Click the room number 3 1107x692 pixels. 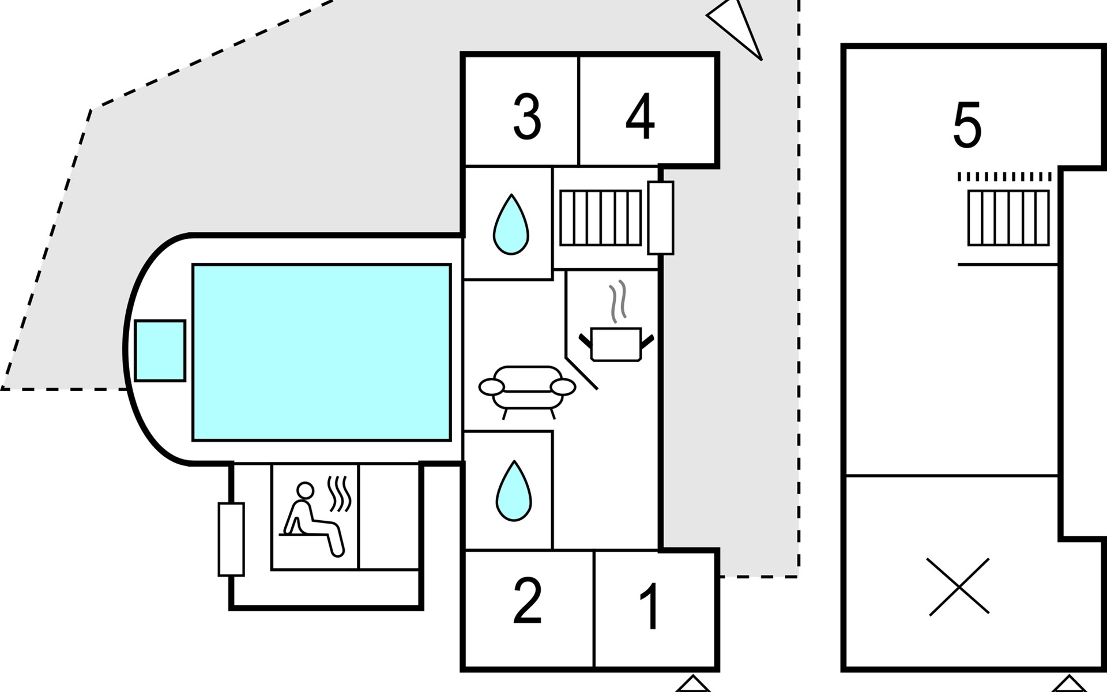coord(527,118)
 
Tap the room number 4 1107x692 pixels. coord(640,116)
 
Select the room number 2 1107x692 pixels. coord(527,601)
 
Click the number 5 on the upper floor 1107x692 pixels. coord(967,125)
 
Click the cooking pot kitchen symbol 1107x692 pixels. coord(616,344)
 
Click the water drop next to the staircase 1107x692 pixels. coord(511,224)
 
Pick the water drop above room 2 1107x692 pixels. coord(514,491)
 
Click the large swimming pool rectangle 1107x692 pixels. coord(322,352)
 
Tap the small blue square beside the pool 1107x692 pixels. coord(160,351)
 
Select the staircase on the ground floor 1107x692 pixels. coord(600,218)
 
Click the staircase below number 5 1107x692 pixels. coord(1008,218)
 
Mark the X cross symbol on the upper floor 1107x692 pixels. coord(959,586)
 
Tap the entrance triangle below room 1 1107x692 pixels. coord(693,684)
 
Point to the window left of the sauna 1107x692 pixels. coord(231,539)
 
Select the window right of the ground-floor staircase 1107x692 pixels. coord(661,217)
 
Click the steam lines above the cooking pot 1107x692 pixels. coord(618,301)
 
